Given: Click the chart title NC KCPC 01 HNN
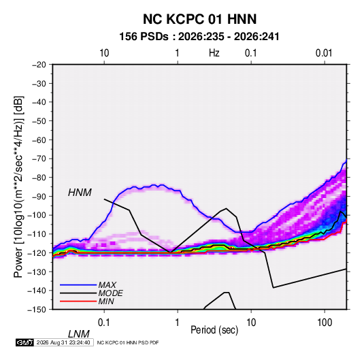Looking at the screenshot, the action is (199, 19).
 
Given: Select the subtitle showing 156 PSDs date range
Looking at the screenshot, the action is (199, 37).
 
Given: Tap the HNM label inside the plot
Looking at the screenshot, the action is (80, 193).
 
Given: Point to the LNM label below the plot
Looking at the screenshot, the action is (79, 334).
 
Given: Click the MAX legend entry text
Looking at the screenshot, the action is (107, 284).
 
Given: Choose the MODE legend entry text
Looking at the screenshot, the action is (110, 293).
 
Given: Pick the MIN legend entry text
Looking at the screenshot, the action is (106, 301).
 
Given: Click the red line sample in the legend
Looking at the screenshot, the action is (78, 301).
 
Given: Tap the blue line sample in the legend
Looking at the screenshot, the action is (78, 284).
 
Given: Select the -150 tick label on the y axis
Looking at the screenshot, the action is (37, 310).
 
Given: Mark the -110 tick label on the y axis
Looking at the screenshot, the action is (37, 234).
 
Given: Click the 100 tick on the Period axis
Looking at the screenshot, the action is (325, 323).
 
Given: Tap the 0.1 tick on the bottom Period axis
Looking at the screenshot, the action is (104, 323).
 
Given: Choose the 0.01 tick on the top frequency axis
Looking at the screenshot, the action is (324, 53).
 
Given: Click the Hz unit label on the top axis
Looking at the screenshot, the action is (214, 53).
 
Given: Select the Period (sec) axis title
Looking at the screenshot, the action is (214, 330).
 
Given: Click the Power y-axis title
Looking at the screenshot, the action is (18, 186).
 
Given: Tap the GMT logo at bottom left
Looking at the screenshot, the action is (25, 342).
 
